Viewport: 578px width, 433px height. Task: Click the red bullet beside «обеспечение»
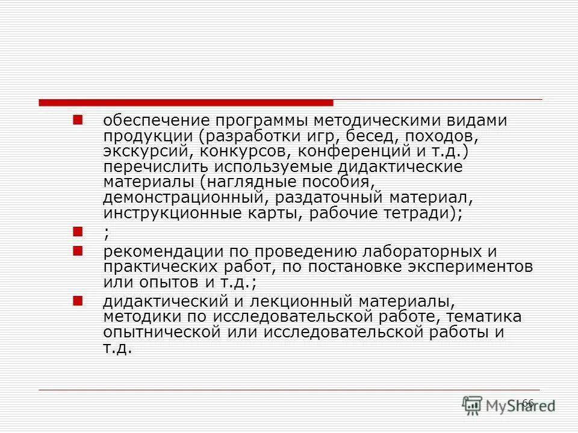77,120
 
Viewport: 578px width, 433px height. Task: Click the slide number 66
527,402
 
